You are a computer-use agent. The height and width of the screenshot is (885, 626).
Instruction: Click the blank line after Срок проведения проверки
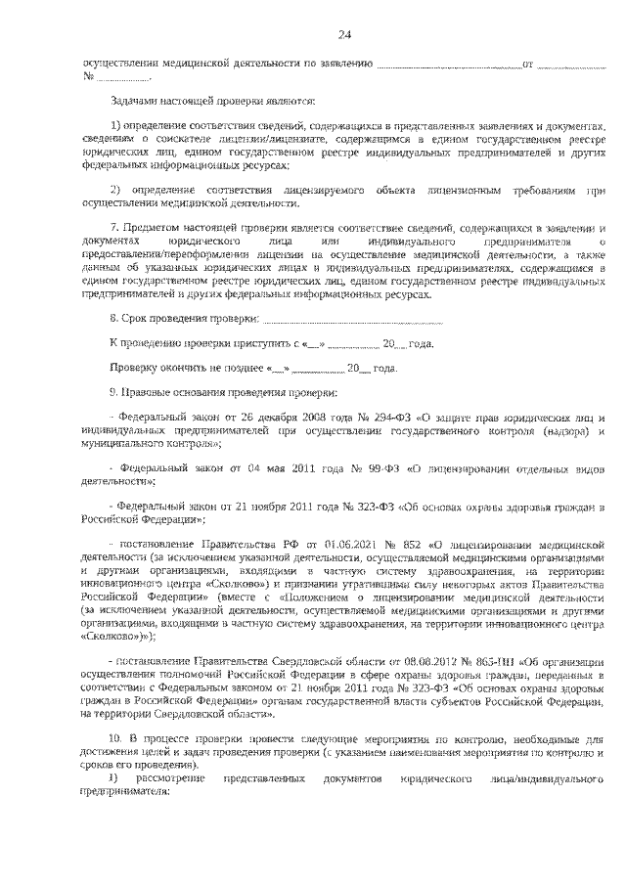tap(353, 319)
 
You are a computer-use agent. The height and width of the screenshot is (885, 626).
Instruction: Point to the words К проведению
tap(143, 344)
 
